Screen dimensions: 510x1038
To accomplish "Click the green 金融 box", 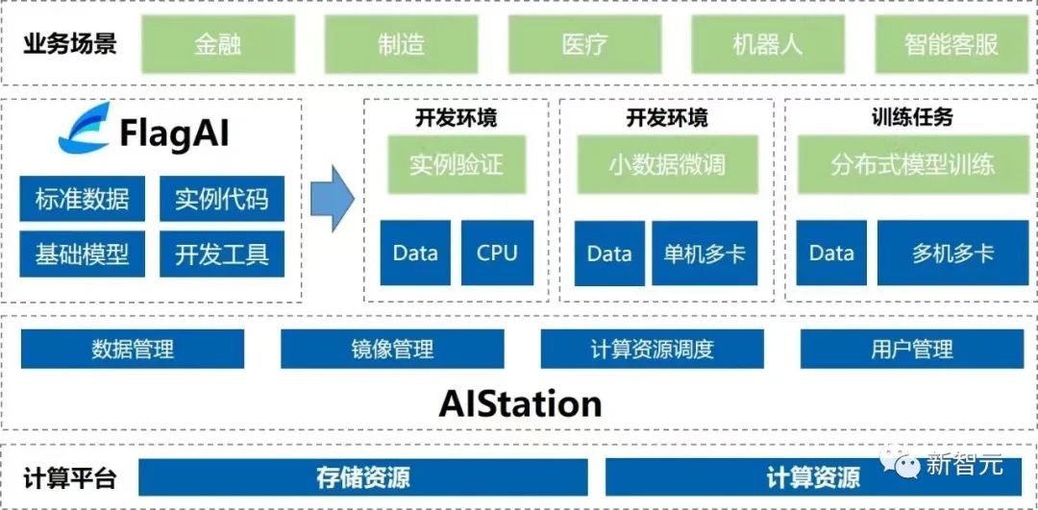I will [217, 44].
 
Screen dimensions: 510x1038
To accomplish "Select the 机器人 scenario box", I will [767, 44].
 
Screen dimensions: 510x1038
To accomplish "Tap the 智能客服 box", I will [951, 44].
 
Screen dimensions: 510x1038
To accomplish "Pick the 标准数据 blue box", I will [82, 200].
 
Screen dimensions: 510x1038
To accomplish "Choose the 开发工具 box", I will [222, 255].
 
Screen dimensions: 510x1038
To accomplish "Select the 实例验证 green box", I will [456, 164].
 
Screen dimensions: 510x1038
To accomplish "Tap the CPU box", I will [497, 254].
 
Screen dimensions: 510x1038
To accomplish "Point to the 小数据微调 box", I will [667, 164].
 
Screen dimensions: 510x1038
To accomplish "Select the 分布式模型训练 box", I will [912, 164].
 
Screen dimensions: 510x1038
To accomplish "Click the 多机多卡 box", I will [952, 254].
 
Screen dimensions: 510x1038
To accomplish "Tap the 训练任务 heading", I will [912, 117].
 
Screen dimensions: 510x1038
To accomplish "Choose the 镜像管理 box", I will [392, 349].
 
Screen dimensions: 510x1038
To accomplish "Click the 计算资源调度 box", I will [653, 349].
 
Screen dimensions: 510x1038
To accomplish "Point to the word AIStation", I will [520, 403].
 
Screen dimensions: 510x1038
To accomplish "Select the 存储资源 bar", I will [363, 477].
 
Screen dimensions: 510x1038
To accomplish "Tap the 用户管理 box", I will [912, 349].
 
